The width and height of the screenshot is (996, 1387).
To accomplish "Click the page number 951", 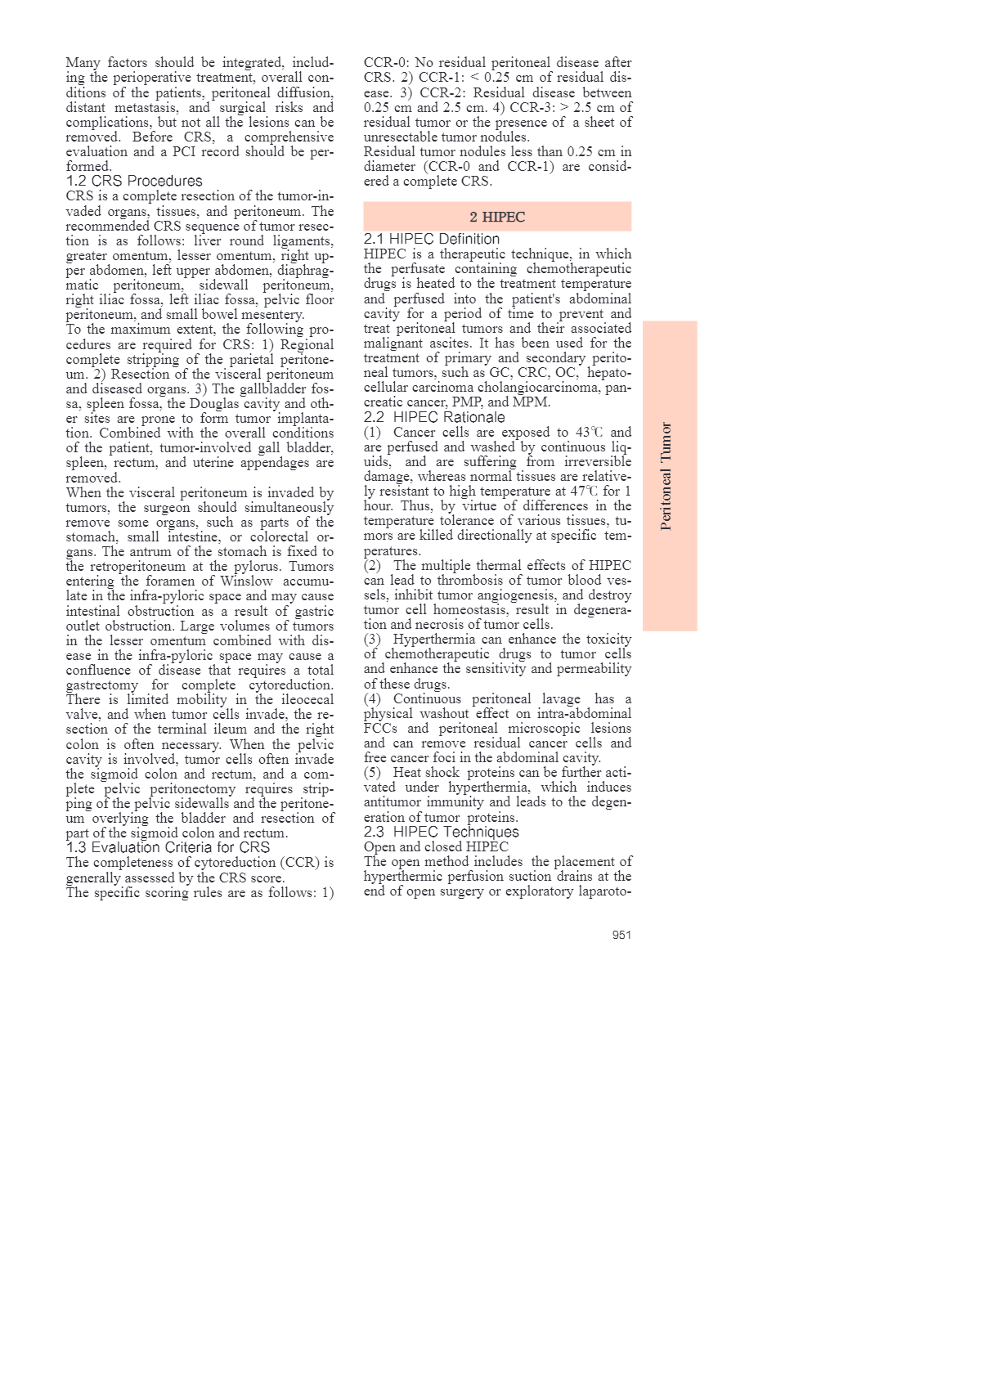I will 621,935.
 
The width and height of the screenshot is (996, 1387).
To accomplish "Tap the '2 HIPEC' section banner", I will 497,217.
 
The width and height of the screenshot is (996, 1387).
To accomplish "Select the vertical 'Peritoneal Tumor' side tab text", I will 666,476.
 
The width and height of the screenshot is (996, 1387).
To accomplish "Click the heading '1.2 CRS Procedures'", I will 134,181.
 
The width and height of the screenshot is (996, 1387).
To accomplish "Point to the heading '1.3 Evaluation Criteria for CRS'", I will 168,847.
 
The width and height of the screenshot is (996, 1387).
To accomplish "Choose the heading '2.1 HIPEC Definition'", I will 432,239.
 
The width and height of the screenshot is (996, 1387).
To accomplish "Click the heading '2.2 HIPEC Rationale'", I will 434,417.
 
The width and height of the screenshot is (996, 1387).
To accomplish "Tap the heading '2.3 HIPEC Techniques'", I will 442,832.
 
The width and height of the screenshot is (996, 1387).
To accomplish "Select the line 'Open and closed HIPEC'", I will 436,846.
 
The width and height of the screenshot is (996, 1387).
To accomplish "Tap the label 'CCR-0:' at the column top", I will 387,63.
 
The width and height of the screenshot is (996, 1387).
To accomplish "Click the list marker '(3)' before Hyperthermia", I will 372,640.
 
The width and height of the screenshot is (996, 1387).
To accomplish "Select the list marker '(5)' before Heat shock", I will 372,773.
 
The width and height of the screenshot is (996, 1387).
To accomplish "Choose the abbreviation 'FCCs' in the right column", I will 380,729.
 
